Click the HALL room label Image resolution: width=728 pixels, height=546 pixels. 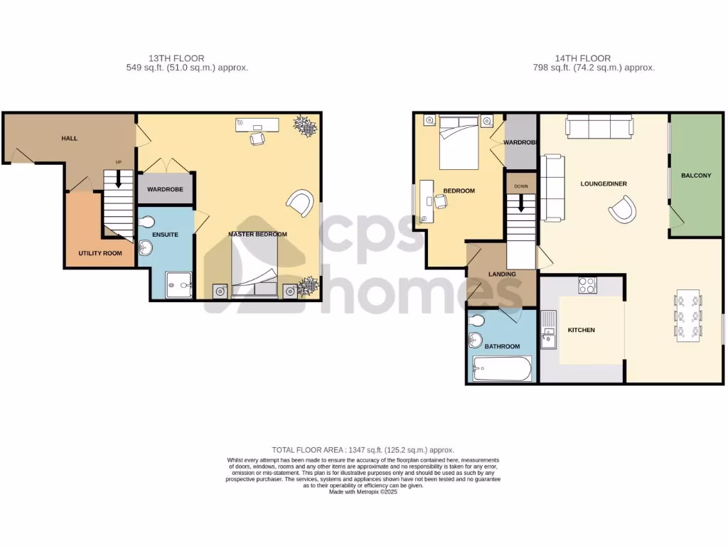click(x=70, y=139)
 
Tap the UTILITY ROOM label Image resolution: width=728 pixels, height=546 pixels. click(x=100, y=254)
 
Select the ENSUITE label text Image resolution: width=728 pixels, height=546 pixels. click(x=165, y=235)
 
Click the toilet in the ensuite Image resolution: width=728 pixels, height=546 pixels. click(x=146, y=223)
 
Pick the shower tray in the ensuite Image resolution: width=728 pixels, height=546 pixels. click(x=178, y=284)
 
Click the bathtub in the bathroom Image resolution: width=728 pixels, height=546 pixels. click(x=502, y=369)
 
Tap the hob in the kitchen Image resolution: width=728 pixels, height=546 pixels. click(x=587, y=285)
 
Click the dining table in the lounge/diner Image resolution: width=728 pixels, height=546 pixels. click(x=688, y=316)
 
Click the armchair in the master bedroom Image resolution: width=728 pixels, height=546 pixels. click(x=301, y=203)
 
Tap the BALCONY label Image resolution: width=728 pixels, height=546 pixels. click(x=696, y=176)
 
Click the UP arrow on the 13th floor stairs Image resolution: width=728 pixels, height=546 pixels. click(x=119, y=178)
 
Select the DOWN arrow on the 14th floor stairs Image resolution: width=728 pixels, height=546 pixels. click(x=521, y=203)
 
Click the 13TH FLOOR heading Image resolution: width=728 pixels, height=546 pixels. click(x=176, y=58)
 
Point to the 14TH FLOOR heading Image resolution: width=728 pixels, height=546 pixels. click(x=583, y=58)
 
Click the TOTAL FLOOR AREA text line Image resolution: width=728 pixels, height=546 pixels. click(x=363, y=450)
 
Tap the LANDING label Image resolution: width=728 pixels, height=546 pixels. click(x=502, y=274)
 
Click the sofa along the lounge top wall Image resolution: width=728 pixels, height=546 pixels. click(x=599, y=127)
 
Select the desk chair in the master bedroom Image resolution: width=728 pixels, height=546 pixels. click(x=257, y=139)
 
